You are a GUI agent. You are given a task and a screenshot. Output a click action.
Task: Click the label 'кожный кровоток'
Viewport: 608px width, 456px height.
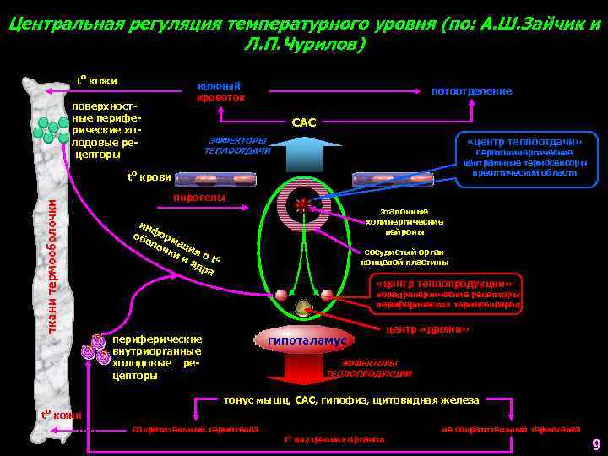221,92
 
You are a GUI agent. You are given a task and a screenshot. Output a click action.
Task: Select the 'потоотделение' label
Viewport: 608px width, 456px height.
471,90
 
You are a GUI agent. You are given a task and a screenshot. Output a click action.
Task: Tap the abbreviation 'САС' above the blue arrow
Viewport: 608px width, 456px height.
303,123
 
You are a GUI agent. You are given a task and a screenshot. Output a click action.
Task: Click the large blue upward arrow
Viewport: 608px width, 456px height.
303,154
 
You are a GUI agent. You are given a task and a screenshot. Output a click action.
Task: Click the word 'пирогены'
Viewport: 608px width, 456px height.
198,198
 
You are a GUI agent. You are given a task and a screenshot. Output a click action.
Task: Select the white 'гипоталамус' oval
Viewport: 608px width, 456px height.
307,340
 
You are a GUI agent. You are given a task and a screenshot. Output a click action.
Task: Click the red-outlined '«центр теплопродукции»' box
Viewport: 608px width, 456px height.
446,282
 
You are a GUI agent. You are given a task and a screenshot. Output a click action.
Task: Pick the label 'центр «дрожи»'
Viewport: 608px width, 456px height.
426,328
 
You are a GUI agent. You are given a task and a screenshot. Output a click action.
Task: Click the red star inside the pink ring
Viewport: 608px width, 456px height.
301,204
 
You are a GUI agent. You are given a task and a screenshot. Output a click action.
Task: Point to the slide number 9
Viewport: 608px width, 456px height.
595,445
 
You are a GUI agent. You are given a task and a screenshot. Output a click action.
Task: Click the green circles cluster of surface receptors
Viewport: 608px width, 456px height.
50,129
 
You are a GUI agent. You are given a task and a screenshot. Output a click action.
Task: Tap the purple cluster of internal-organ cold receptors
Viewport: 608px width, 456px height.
95,349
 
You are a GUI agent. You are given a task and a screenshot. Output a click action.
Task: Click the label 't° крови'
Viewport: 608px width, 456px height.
149,177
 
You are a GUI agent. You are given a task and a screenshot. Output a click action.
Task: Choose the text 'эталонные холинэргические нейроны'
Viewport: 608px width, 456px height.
404,221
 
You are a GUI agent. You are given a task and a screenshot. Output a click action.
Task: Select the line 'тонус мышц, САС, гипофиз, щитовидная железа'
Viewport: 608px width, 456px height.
350,400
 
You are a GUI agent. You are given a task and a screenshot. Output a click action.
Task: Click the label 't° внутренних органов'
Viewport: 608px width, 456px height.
334,439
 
